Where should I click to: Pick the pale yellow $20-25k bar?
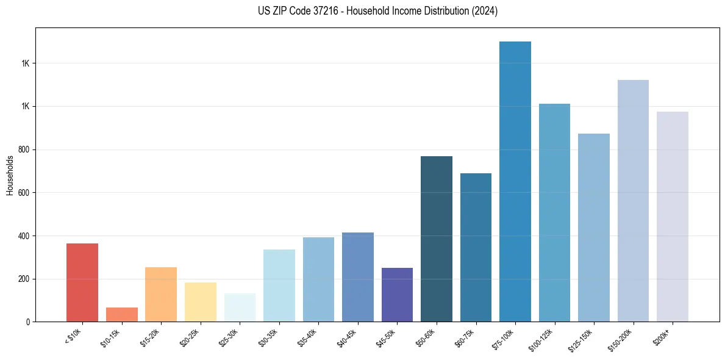[201, 302]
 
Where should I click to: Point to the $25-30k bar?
[240, 308]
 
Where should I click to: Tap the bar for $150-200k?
[633, 201]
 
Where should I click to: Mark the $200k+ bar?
[673, 217]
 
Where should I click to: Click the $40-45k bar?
[358, 277]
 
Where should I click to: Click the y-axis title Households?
[10, 175]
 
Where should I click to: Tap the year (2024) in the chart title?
[485, 11]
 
